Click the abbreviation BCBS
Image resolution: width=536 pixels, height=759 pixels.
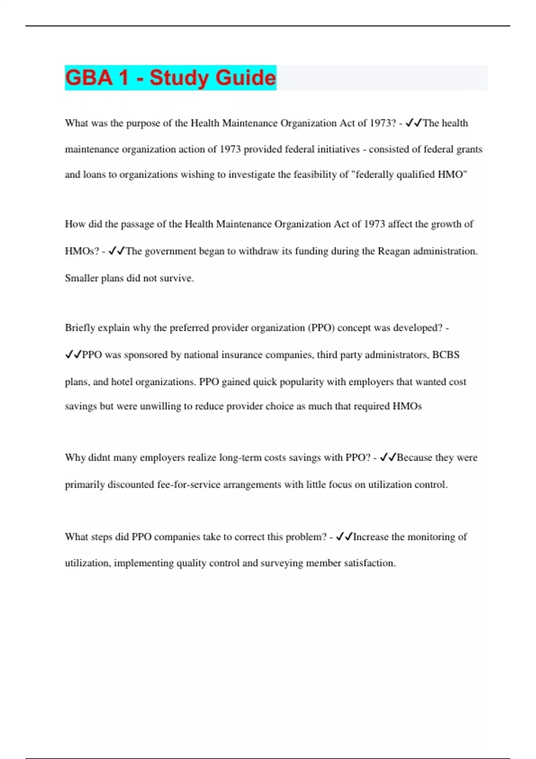pyautogui.click(x=446, y=354)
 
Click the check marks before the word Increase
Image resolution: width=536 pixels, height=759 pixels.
pyautogui.click(x=344, y=536)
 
